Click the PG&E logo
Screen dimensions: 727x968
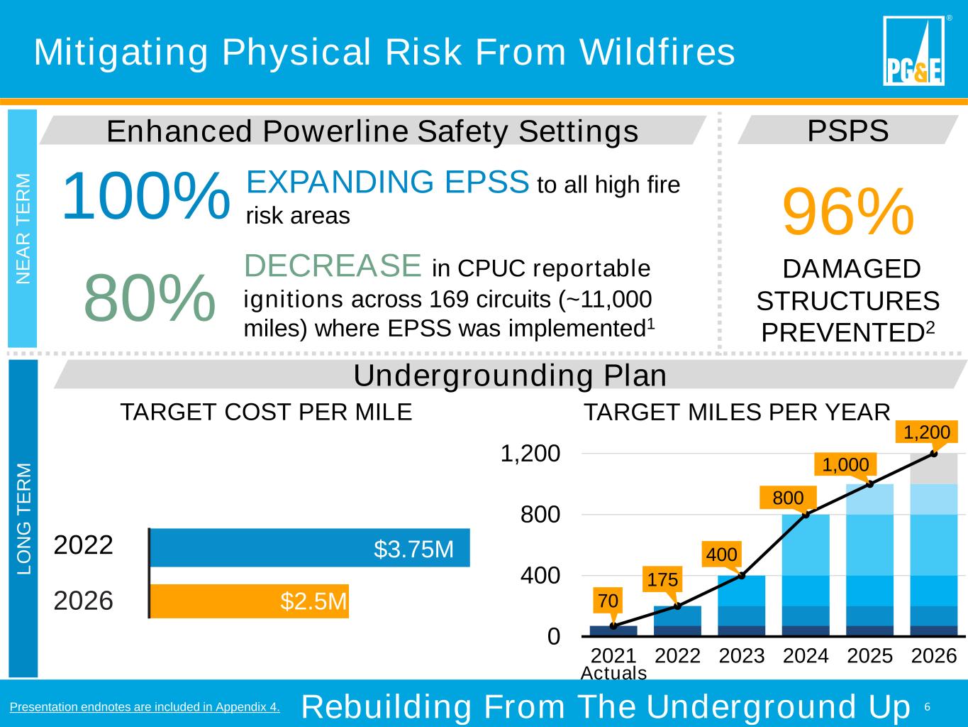tap(913, 50)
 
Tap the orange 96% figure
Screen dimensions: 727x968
tap(847, 212)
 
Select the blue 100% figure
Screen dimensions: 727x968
tap(146, 196)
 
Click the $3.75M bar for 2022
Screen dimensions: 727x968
tap(310, 547)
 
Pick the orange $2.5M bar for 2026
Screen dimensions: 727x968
tap(250, 601)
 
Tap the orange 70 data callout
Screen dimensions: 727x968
tap(608, 601)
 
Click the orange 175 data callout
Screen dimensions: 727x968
tap(662, 580)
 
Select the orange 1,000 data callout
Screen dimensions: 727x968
tap(845, 465)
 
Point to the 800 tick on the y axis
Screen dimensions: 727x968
tap(540, 514)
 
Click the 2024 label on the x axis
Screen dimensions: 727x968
tap(806, 655)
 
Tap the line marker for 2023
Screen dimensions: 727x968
tap(742, 575)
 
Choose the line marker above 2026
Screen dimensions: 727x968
tap(934, 453)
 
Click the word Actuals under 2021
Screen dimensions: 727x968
tap(613, 673)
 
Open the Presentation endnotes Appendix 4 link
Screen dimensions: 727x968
tap(145, 706)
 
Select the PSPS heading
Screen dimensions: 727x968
tap(848, 131)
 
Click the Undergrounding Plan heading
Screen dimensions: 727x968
tap(510, 376)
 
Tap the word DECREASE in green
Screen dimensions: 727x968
tap(333, 266)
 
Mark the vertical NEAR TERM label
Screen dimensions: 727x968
tap(23, 229)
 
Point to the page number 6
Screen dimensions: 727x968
tap(927, 706)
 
